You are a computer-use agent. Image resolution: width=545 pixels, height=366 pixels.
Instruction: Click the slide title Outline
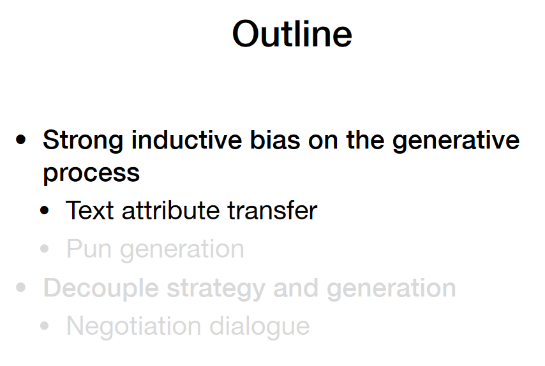click(x=292, y=34)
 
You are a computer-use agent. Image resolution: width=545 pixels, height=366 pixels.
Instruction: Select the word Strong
click(x=83, y=141)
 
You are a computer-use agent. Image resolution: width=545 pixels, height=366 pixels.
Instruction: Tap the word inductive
click(x=186, y=140)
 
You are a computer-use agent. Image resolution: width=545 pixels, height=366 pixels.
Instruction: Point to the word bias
click(x=275, y=140)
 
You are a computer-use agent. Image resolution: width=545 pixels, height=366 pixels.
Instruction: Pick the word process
click(x=91, y=173)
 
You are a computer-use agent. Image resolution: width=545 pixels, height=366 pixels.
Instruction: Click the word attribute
click(x=170, y=210)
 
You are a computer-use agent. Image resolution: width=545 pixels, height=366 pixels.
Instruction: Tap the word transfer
click(x=272, y=210)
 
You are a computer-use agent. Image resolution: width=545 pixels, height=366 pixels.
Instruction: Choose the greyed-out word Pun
click(x=89, y=249)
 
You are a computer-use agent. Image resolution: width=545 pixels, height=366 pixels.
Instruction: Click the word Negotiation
click(x=134, y=326)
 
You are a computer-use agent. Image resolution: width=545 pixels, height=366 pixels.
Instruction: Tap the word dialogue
click(x=259, y=326)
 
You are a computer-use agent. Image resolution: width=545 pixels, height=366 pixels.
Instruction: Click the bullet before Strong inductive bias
click(x=21, y=140)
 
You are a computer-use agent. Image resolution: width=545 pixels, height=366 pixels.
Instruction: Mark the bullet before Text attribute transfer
click(x=45, y=210)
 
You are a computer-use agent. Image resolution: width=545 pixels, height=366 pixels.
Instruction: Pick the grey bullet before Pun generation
click(x=45, y=249)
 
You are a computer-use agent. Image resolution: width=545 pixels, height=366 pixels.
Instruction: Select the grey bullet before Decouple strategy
click(x=21, y=288)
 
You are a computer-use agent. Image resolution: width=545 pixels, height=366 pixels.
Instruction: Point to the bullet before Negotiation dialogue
click(x=45, y=326)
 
